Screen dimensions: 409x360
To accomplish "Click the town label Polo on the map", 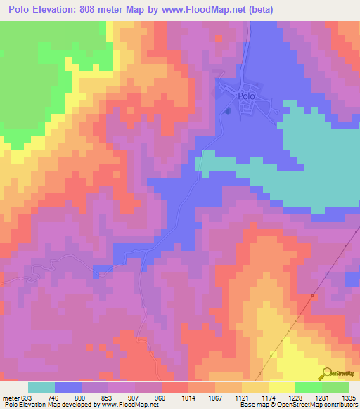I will click(x=245, y=97).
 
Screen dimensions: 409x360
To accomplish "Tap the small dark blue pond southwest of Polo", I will click(x=226, y=110).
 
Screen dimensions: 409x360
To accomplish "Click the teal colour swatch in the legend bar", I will click(x=41, y=387).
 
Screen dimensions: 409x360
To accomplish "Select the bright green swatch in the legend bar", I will click(x=309, y=387).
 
